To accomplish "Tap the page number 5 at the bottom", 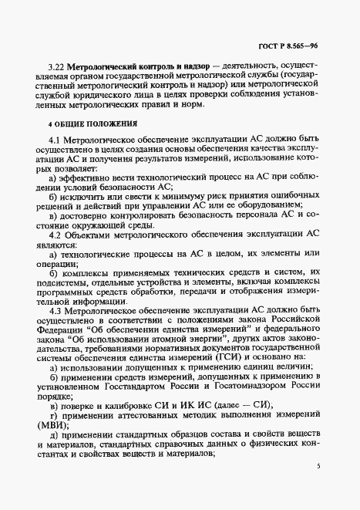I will (317, 467).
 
